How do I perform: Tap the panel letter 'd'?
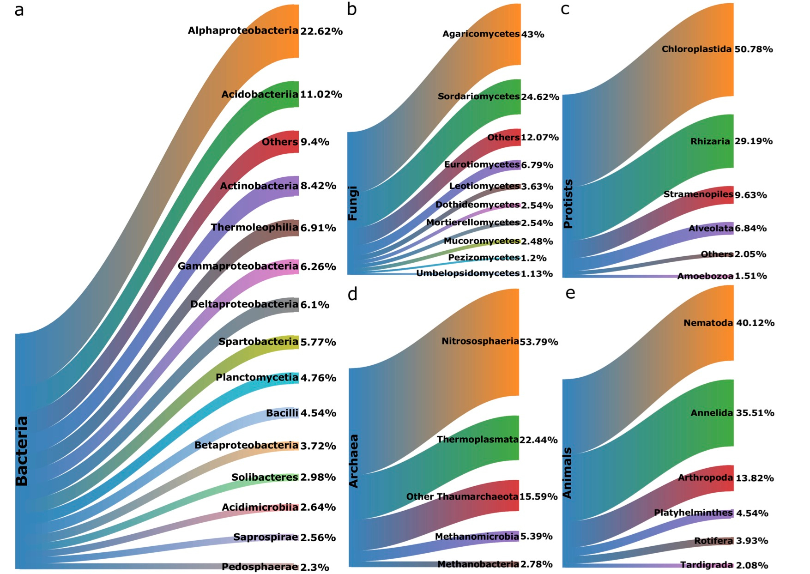(x=352, y=294)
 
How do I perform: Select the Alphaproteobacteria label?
(x=243, y=30)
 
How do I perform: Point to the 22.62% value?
(x=321, y=31)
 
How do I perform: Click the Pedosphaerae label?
(x=260, y=567)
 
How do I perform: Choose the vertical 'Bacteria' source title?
(x=22, y=451)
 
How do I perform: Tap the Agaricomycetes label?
(x=481, y=34)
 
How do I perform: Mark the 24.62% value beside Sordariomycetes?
(x=540, y=97)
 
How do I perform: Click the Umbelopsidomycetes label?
(x=468, y=273)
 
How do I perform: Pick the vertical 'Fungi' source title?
(x=353, y=203)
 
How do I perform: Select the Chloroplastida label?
(x=696, y=49)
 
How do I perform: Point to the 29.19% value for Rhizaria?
(x=753, y=141)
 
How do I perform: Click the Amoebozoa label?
(x=705, y=276)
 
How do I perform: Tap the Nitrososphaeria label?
(x=480, y=341)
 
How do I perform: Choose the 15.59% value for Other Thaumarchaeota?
(x=538, y=497)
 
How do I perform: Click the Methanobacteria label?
(x=478, y=564)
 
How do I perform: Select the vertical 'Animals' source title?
(x=568, y=472)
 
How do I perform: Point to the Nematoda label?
(x=708, y=323)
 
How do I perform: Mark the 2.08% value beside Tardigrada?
(x=752, y=565)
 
